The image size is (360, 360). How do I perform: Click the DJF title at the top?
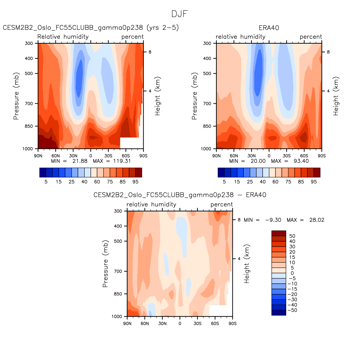point(180,14)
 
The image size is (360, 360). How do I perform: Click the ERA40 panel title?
point(269,28)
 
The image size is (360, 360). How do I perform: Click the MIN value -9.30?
point(273,220)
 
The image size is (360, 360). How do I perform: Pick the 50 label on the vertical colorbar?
point(292,236)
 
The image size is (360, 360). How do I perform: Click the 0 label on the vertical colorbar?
point(292,273)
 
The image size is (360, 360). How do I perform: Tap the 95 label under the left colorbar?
point(135,182)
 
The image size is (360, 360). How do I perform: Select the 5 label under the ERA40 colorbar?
point(224,182)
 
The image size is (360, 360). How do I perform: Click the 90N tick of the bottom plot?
point(127,323)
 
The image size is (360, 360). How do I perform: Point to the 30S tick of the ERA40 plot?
point(286,155)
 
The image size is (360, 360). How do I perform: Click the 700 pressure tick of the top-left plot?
point(29,104)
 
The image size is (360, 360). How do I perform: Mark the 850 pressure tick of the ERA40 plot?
point(207,126)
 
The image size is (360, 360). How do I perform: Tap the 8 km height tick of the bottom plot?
point(239,220)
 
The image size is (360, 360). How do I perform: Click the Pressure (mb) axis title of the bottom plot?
point(105,264)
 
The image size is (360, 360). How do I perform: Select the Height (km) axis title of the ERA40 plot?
point(336,96)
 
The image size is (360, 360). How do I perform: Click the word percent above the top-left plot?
point(133,37)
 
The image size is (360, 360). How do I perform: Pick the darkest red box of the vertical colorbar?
point(279,233)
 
